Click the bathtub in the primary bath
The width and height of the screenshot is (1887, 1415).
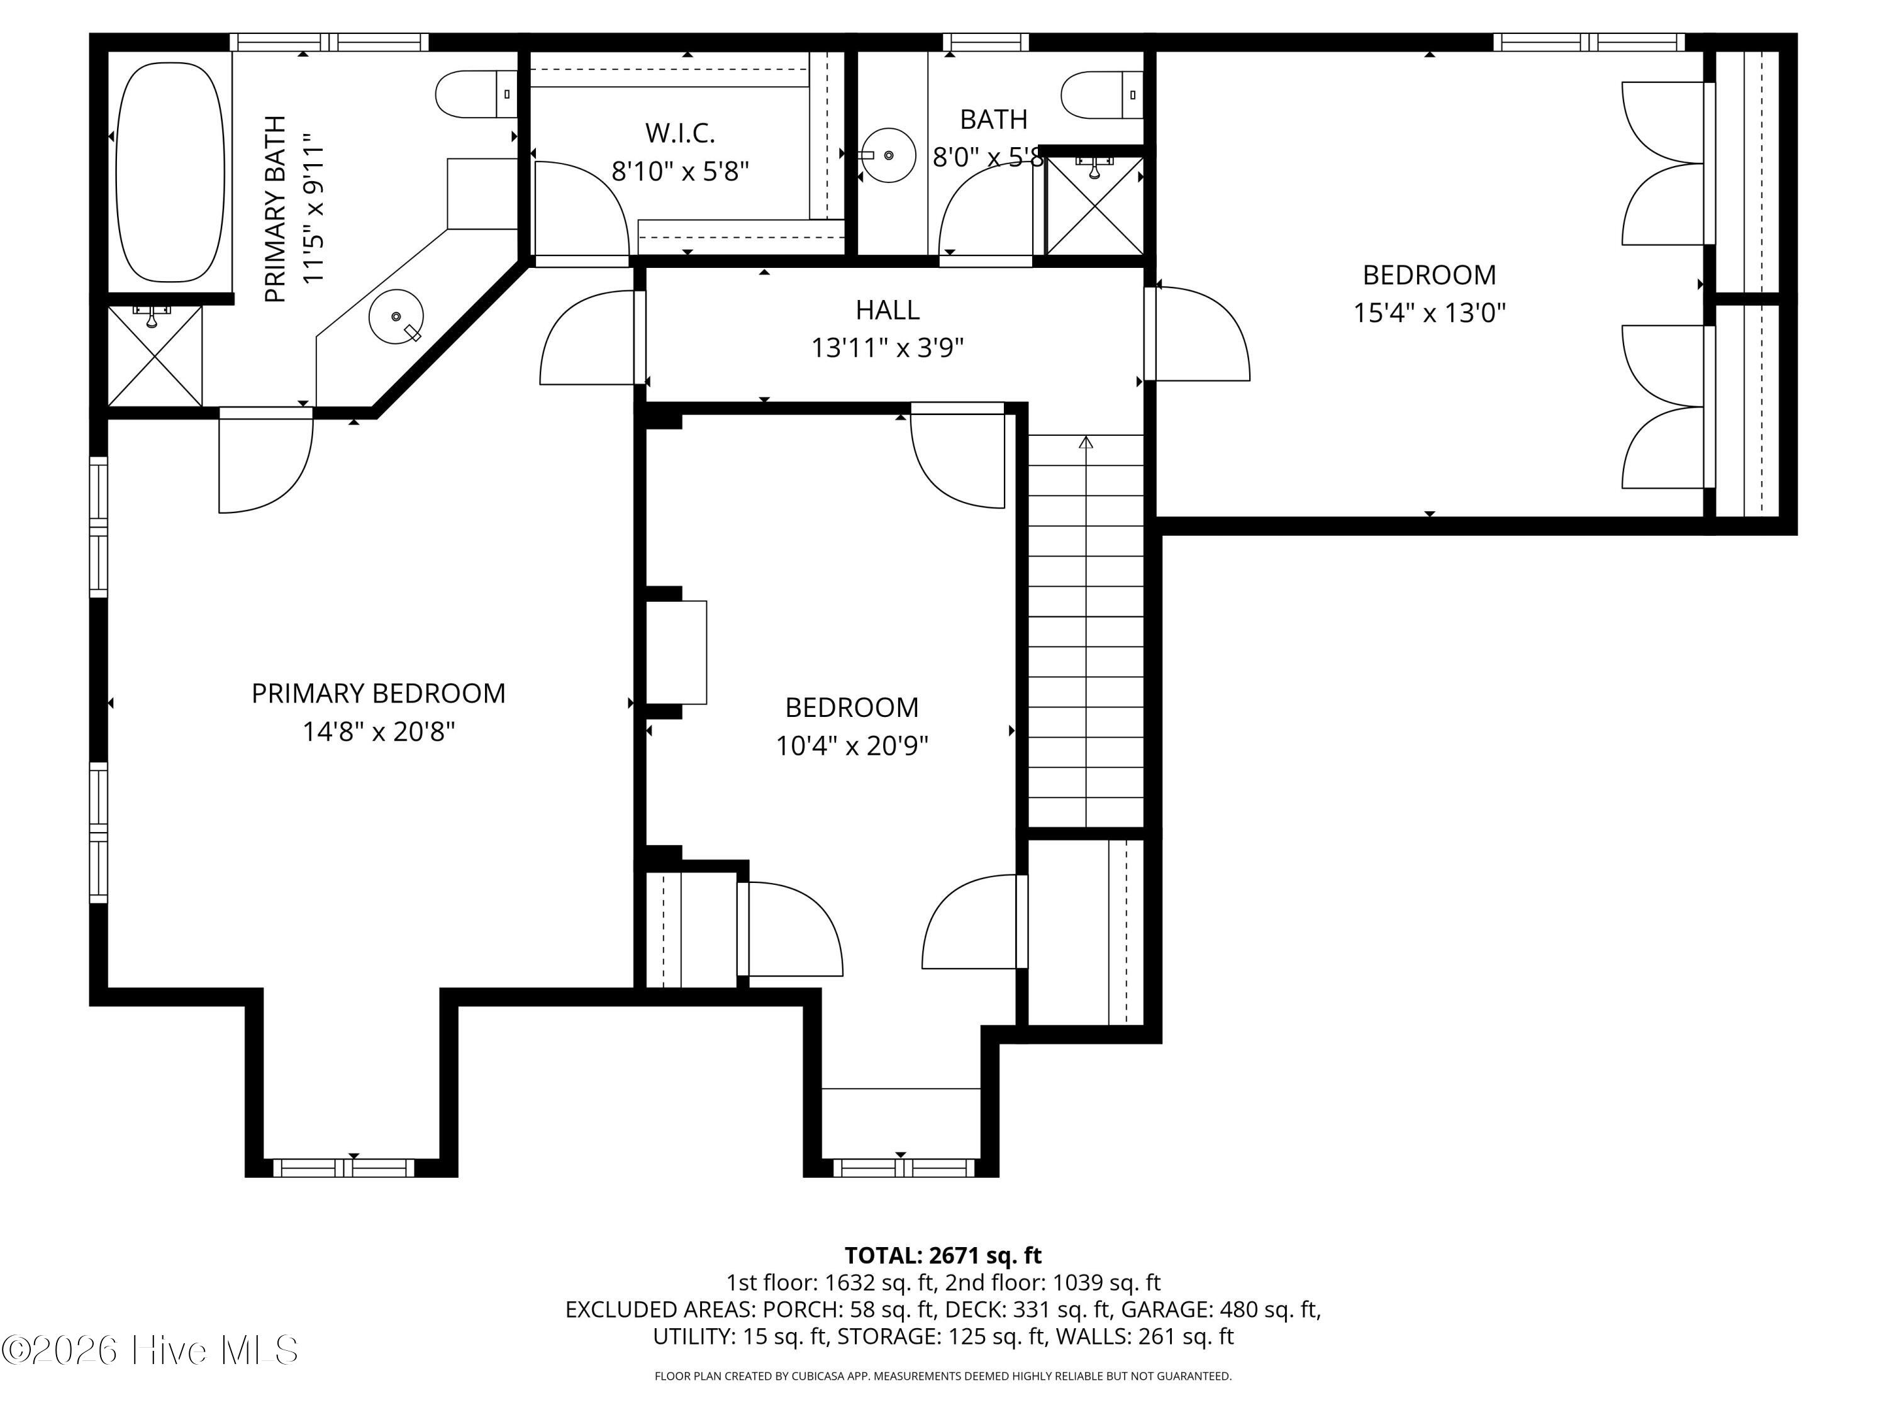click(x=170, y=174)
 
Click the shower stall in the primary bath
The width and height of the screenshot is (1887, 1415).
click(x=155, y=356)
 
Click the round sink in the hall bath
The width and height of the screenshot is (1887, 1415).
click(x=886, y=155)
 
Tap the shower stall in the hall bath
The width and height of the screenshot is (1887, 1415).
click(x=1094, y=204)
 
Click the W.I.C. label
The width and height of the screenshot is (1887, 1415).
click(x=680, y=133)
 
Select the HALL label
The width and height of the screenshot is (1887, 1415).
click(x=887, y=309)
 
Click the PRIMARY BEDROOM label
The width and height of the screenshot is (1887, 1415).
click(x=378, y=694)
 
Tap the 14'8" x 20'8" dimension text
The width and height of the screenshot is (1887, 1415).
click(x=378, y=732)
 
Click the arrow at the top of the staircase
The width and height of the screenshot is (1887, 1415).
click(x=1086, y=442)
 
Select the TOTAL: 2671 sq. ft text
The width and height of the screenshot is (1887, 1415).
click(x=943, y=1255)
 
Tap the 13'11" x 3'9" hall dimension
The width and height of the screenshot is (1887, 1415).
click(x=887, y=348)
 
